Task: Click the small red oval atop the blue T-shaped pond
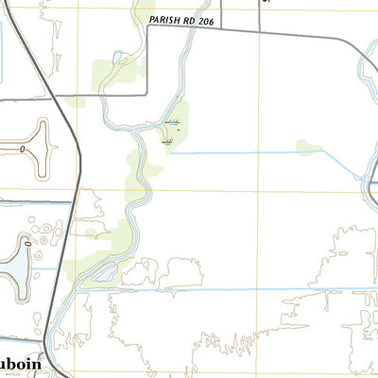tap(28, 244)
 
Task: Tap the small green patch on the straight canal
tap(307, 147)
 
